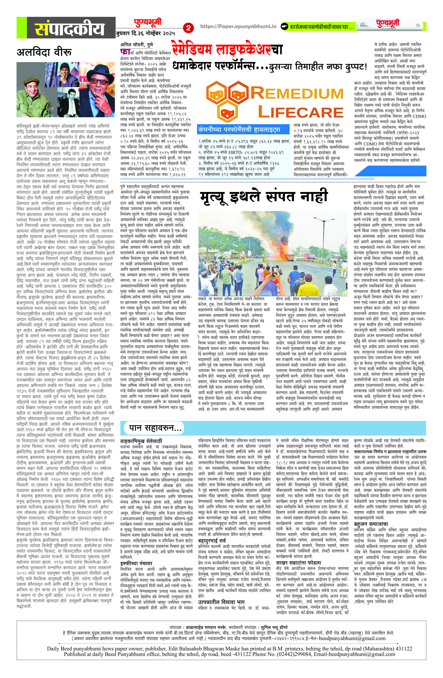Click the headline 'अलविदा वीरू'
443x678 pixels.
44,52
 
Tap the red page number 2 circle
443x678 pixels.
188,28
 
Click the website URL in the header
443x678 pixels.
238,26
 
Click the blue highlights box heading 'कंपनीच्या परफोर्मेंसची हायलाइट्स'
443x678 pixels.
239,130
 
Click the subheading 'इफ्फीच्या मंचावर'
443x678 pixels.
136,563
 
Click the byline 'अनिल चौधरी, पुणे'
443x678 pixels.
137,45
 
